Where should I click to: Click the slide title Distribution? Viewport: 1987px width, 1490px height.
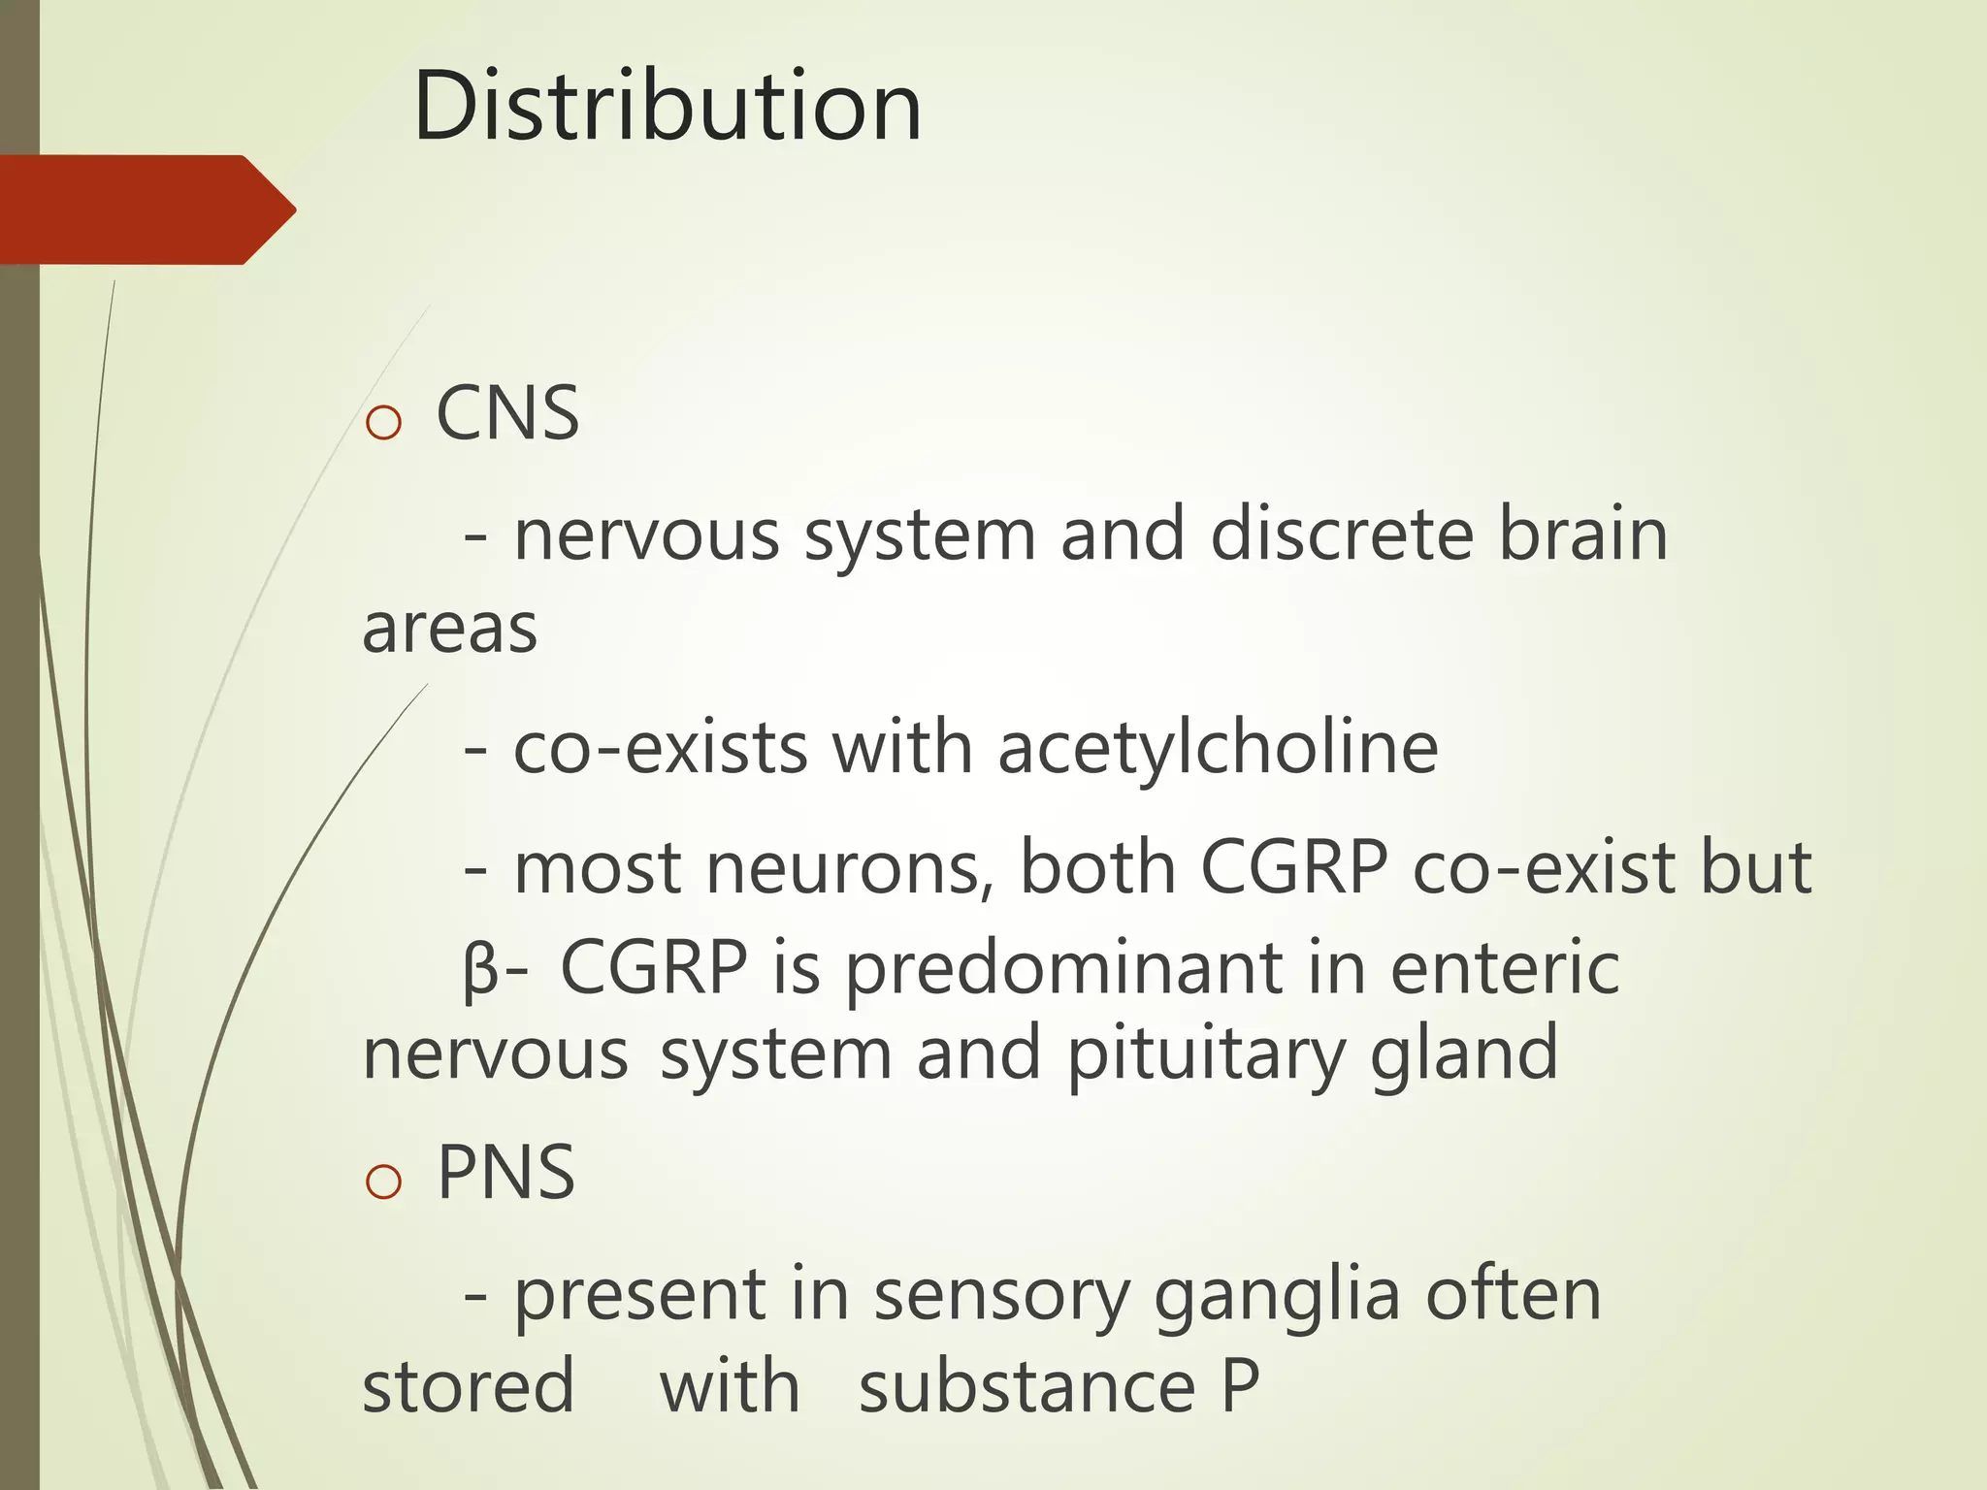click(667, 107)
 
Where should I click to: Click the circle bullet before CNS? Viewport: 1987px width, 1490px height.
click(384, 423)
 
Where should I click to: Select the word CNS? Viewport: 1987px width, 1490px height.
click(507, 414)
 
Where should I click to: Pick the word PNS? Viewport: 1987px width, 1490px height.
click(505, 1173)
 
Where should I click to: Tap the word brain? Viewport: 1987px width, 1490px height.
click(1583, 534)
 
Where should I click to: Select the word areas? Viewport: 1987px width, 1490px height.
click(449, 630)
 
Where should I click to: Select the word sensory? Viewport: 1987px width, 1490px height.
click(1002, 1297)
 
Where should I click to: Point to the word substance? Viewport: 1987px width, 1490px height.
click(1027, 1387)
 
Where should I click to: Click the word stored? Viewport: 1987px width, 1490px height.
click(469, 1387)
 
